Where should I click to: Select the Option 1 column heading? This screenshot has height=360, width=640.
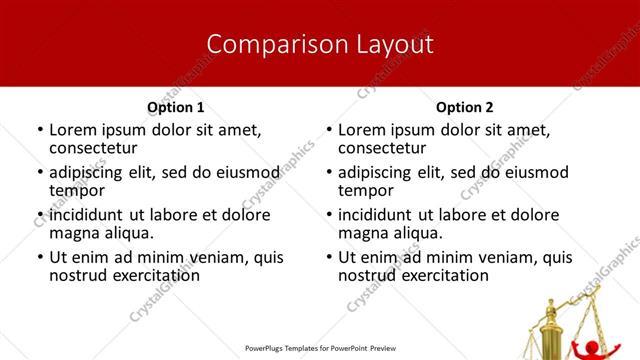[x=176, y=107]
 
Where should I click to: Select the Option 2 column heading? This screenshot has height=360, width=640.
[x=465, y=107]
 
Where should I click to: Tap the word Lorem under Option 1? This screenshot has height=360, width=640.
[x=73, y=130]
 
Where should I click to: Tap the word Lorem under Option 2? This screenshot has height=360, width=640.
[x=362, y=130]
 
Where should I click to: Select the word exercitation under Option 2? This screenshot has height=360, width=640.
[x=441, y=275]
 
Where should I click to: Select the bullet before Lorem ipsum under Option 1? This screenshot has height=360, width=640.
[x=39, y=131]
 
